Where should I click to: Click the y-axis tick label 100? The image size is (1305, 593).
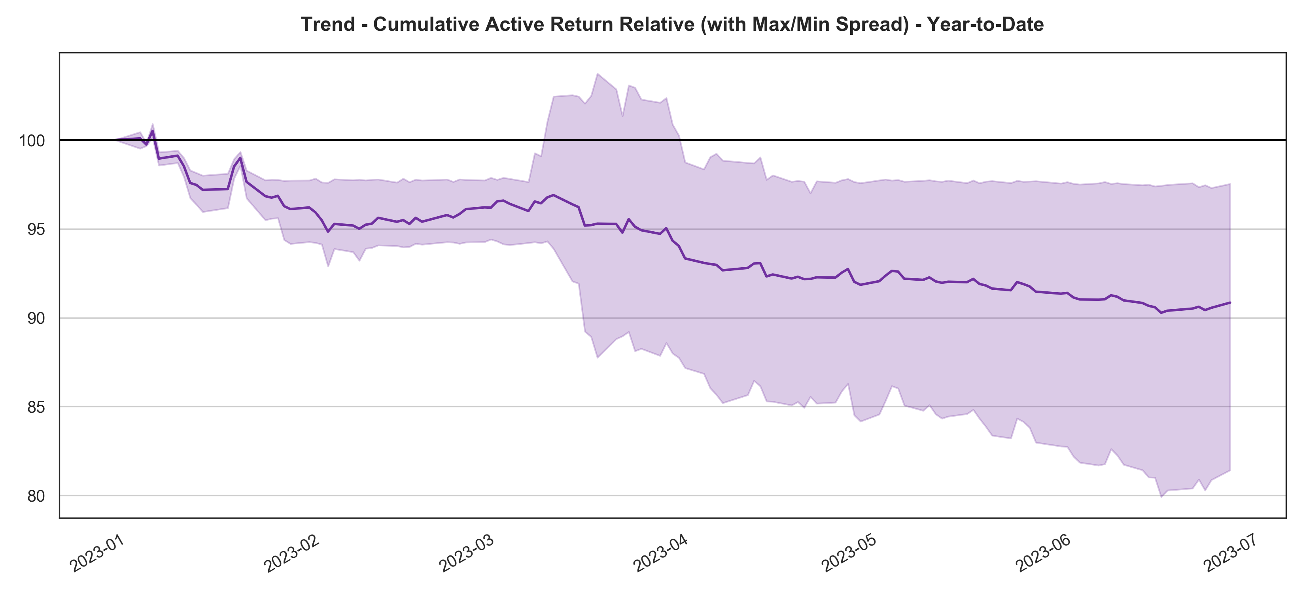coord(32,141)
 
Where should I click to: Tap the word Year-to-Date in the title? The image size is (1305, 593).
coord(985,24)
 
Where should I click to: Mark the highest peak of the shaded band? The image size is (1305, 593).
coord(598,74)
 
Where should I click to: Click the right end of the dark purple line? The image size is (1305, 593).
coord(1230,302)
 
